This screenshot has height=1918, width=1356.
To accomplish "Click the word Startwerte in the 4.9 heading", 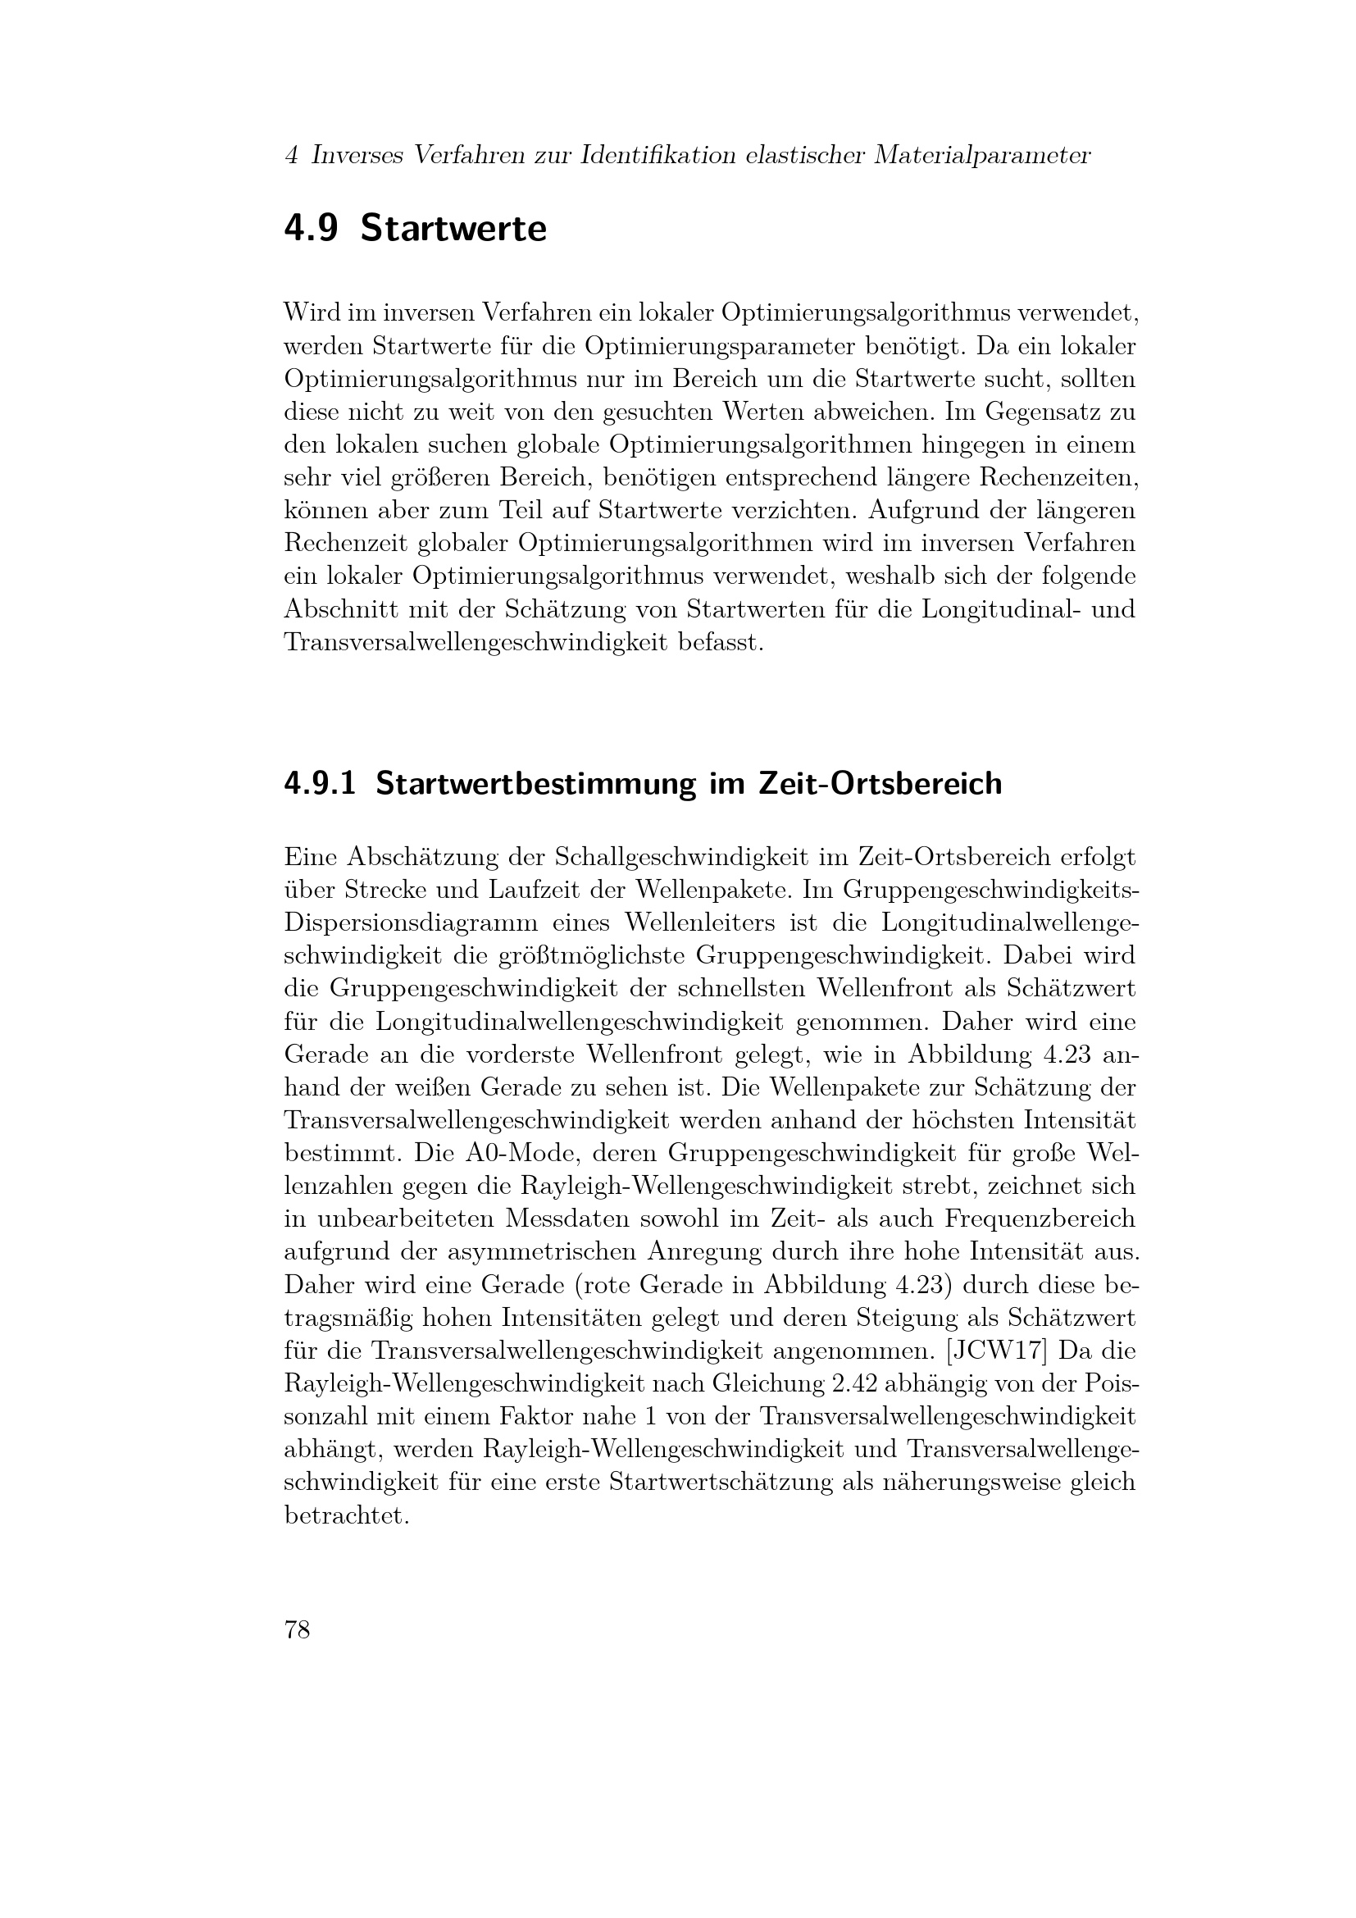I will (453, 229).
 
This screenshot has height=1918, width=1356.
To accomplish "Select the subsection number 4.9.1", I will (320, 784).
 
